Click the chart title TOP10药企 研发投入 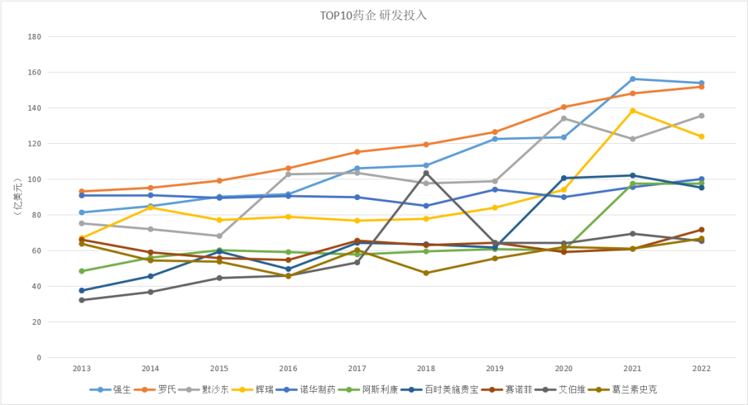click(373, 15)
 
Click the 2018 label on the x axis click(426, 369)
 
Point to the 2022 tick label click(701, 369)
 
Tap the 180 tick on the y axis click(34, 37)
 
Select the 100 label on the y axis click(34, 179)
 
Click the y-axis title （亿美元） click(16, 197)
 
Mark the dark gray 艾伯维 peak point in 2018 click(426, 173)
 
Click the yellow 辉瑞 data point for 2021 click(632, 111)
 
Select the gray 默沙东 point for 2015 click(220, 236)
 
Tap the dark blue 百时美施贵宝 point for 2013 click(82, 291)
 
